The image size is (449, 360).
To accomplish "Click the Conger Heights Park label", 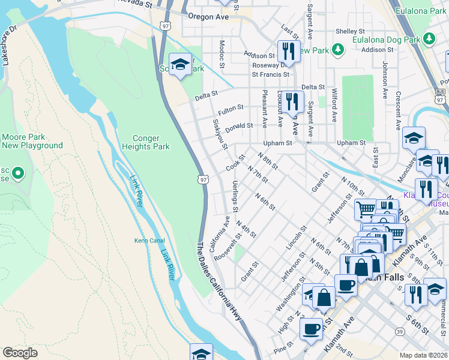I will point(146,142).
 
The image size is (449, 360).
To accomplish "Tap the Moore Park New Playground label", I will point(32,141).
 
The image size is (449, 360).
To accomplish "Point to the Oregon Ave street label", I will point(209,17).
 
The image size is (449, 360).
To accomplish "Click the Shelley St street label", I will point(350,31).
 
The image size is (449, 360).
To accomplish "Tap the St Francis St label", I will point(270,75).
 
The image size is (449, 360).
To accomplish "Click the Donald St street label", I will point(239,126).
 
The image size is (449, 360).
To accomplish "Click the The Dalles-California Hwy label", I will point(218,281).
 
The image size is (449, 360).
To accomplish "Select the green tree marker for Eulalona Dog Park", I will point(429,39).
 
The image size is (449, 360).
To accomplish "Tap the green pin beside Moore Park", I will point(17,174).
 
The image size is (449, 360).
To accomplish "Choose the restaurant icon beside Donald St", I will point(292,103).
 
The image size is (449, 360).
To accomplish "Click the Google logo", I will point(20,353).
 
